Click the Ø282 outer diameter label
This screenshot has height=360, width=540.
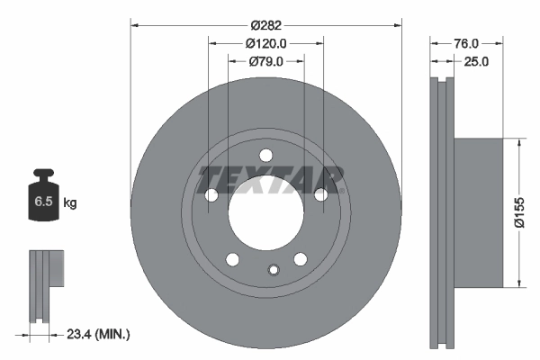tap(266, 24)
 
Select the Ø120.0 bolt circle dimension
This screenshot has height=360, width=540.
tap(265, 43)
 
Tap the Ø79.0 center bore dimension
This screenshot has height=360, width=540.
tap(265, 61)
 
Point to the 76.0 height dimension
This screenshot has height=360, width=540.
tap(464, 43)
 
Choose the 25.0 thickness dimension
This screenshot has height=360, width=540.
tap(475, 61)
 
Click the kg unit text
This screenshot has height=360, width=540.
tap(70, 203)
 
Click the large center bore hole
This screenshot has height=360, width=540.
tap(266, 215)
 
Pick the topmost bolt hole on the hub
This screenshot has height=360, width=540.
tap(266, 155)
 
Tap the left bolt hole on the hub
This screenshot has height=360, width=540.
tap(212, 195)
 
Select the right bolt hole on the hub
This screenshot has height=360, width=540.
tap(321, 194)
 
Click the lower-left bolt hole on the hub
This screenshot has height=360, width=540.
tap(233, 260)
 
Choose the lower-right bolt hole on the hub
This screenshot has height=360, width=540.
tap(300, 259)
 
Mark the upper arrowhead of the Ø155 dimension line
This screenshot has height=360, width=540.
tap(517, 143)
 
